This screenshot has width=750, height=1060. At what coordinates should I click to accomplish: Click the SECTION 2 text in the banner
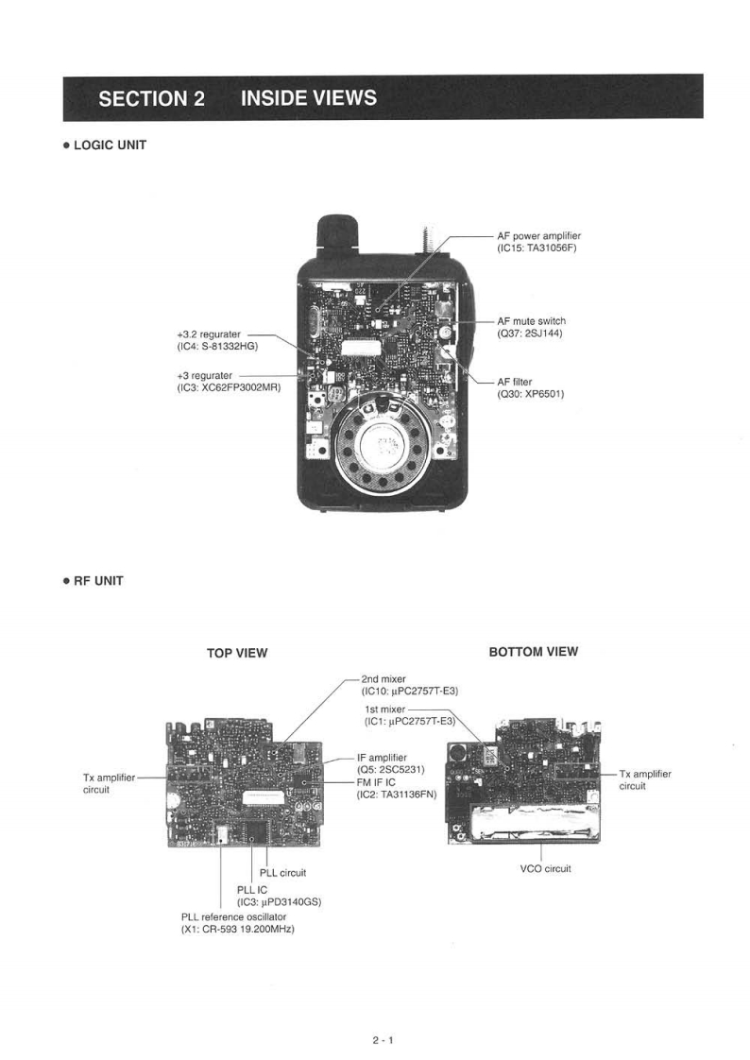(x=151, y=98)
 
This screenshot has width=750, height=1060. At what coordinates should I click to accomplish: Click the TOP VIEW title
(x=237, y=653)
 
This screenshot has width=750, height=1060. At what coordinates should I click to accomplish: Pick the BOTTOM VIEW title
(x=534, y=652)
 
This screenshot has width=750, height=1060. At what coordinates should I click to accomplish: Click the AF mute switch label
(x=531, y=321)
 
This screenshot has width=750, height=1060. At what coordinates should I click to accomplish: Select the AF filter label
(x=515, y=382)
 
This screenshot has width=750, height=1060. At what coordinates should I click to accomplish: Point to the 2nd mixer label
(x=384, y=679)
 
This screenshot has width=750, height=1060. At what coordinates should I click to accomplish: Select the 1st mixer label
(x=384, y=709)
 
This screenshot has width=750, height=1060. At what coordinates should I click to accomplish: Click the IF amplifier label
(x=382, y=757)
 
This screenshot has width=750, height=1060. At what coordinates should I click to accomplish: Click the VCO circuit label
(x=545, y=868)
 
